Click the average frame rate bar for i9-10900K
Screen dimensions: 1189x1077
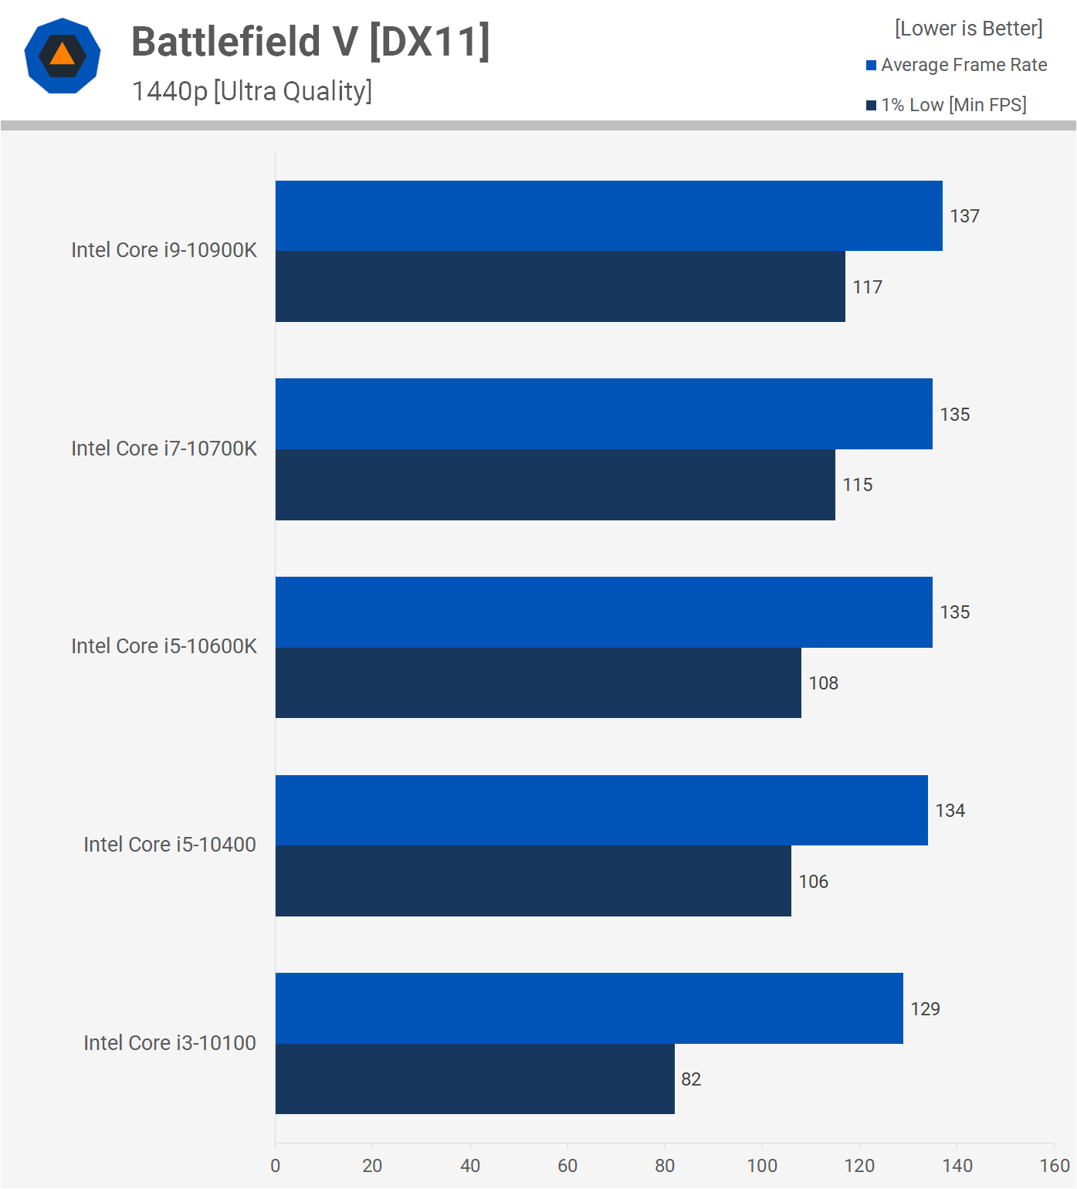[x=608, y=216]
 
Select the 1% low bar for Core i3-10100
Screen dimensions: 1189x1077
[x=475, y=1079]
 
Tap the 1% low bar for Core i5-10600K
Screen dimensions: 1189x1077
[x=538, y=683]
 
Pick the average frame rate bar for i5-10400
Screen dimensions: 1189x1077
[x=601, y=810]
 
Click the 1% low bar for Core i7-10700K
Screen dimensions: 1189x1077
[x=555, y=485]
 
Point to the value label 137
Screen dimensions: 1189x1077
[x=964, y=216]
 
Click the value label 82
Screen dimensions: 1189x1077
[x=691, y=1079]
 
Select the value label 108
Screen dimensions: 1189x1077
[x=823, y=683]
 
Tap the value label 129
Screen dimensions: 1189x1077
[x=925, y=1009]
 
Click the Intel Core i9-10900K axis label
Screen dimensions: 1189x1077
[x=164, y=250]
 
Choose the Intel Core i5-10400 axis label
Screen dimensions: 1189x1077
[x=170, y=845]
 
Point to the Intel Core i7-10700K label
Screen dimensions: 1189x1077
[x=164, y=449]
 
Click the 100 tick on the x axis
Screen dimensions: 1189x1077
[x=762, y=1166]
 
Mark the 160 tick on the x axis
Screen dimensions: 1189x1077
[x=1055, y=1166]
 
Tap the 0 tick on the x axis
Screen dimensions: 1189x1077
[x=276, y=1166]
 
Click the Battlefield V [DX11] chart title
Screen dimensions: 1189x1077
[x=310, y=42]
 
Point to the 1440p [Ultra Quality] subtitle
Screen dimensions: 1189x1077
[x=252, y=91]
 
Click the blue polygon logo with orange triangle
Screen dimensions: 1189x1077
[x=63, y=56]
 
